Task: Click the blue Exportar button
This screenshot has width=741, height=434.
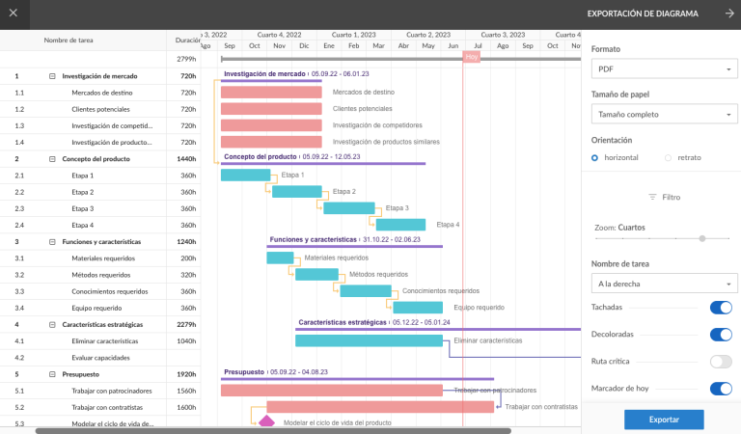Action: [x=663, y=420]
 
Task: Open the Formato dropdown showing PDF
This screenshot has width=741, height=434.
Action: [x=664, y=69]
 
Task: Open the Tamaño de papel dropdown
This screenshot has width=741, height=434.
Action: [x=664, y=115]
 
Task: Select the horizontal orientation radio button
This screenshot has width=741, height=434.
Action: [x=595, y=157]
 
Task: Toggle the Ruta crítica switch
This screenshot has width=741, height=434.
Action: [x=720, y=362]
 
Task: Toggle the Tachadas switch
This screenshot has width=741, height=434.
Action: [x=720, y=308]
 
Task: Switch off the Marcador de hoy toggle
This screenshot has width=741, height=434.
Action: [x=720, y=389]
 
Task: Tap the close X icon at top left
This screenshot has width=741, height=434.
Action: [x=13, y=14]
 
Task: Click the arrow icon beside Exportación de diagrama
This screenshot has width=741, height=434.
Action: [x=729, y=14]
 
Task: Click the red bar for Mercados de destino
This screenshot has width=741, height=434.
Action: [x=271, y=93]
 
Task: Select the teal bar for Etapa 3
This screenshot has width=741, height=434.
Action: [x=348, y=208]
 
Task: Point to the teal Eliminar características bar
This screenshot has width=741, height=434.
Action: [x=371, y=340]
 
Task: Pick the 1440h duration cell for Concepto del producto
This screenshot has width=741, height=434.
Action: [x=186, y=158]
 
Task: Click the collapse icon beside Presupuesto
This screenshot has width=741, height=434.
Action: [x=52, y=373]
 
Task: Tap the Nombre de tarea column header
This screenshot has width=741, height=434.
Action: [x=69, y=41]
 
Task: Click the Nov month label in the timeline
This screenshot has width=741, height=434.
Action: [x=279, y=45]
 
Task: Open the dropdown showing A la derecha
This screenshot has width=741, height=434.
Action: [x=664, y=285]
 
